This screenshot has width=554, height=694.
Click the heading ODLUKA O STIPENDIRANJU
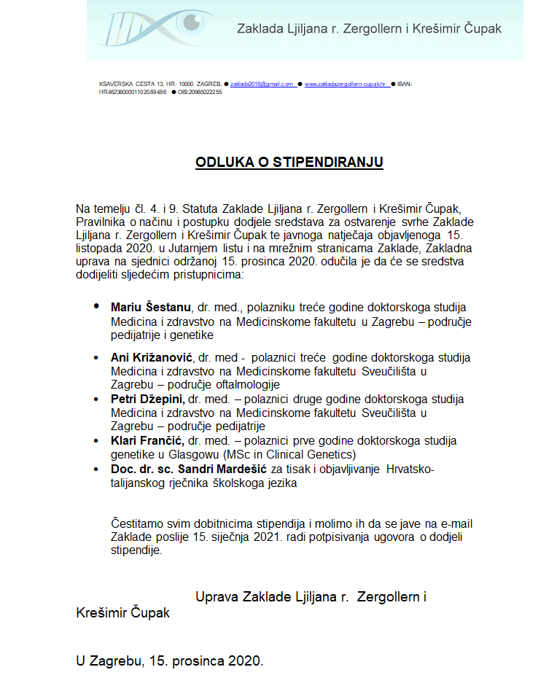tap(289, 162)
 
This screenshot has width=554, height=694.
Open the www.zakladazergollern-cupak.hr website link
tap(346, 85)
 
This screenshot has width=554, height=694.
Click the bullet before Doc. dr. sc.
tap(96, 469)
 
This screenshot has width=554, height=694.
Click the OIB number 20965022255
tap(200, 93)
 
